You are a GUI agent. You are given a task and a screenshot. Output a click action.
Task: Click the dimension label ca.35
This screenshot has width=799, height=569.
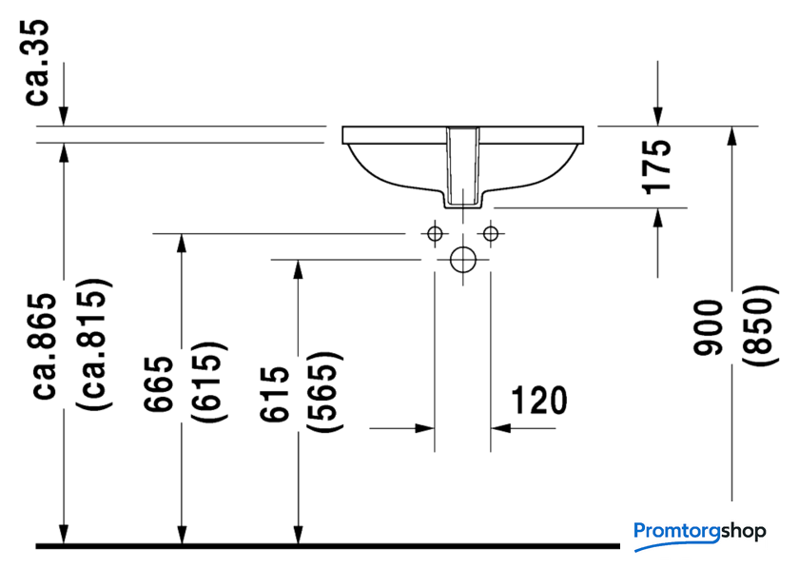pos(37,62)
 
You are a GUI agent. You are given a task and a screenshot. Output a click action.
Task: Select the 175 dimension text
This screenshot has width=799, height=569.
pos(656,167)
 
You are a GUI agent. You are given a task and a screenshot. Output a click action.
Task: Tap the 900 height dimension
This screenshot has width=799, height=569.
pos(709,327)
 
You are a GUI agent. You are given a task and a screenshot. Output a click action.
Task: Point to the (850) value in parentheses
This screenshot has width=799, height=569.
pos(760,325)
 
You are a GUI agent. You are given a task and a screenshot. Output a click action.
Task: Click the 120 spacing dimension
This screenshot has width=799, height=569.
pos(539,401)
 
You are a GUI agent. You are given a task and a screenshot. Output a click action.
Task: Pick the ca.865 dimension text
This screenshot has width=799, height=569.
pos(45,346)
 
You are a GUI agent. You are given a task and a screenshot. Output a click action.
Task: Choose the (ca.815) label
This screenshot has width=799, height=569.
pos(94,344)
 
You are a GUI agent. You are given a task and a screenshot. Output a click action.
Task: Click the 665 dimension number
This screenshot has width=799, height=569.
pos(159,383)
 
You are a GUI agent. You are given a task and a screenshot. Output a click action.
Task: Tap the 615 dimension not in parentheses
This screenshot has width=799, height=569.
pos(274,394)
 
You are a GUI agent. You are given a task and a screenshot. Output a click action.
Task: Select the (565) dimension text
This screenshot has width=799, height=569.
pos(324,393)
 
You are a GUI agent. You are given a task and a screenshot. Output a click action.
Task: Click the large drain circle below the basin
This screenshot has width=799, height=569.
pos(463,260)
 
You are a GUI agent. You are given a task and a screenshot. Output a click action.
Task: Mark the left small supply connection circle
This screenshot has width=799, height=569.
pos(435,234)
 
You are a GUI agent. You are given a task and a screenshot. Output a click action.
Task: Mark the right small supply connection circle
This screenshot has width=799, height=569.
pos(491,234)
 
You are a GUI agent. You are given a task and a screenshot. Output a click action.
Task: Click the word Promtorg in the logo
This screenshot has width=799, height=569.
pos(676,531)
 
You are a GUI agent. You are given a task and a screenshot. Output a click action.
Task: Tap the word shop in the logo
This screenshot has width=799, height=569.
pos(744,532)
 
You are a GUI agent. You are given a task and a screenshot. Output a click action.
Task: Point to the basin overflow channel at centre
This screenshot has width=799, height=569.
pos(463,167)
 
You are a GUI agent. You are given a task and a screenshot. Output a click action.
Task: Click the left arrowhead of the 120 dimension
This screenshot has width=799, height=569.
pos(425,428)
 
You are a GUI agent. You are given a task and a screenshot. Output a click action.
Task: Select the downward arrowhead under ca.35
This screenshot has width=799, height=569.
pos(63,116)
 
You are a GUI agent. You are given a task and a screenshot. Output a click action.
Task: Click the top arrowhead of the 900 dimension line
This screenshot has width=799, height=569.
pos(732,136)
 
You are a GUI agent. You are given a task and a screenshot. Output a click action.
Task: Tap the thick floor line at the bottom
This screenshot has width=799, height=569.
pos(327,546)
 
